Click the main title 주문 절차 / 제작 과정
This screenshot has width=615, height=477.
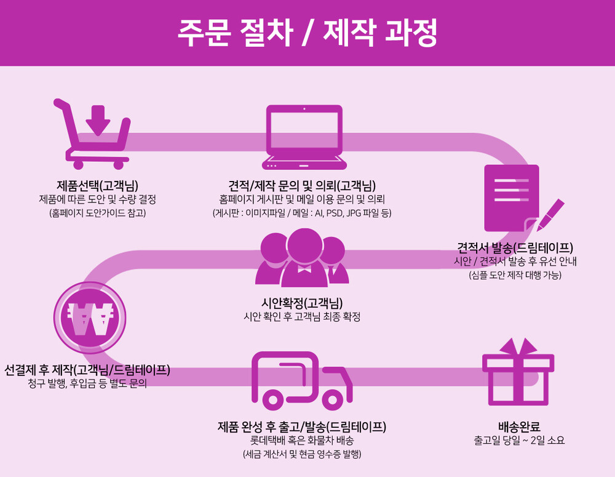(x=307, y=33)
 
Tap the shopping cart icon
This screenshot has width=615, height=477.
(x=95, y=138)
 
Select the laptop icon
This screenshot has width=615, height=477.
(x=304, y=137)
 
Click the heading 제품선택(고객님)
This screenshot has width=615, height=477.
(x=97, y=185)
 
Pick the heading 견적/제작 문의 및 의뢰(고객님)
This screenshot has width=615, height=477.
(x=302, y=185)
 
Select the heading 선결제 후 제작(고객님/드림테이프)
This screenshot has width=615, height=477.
(x=87, y=370)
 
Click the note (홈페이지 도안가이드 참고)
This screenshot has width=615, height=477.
(x=97, y=213)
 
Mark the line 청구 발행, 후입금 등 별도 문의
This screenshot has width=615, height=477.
(x=87, y=384)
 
